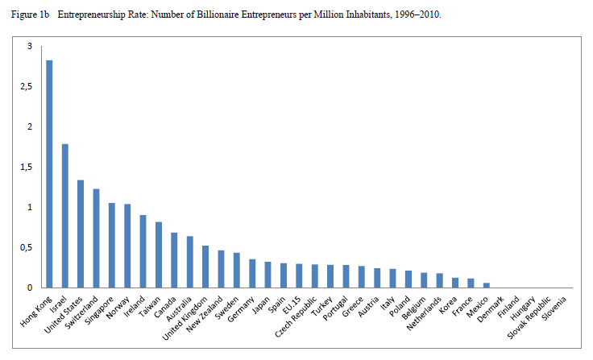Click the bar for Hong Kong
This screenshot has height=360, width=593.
[49, 174]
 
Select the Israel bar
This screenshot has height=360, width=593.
[65, 216]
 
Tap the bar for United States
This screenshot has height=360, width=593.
[81, 234]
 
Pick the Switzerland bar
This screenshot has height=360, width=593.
[96, 238]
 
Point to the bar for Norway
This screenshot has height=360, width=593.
[127, 246]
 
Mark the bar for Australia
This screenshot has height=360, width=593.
[190, 262]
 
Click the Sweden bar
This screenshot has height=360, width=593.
[237, 270]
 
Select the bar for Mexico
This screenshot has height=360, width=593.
[486, 285]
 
